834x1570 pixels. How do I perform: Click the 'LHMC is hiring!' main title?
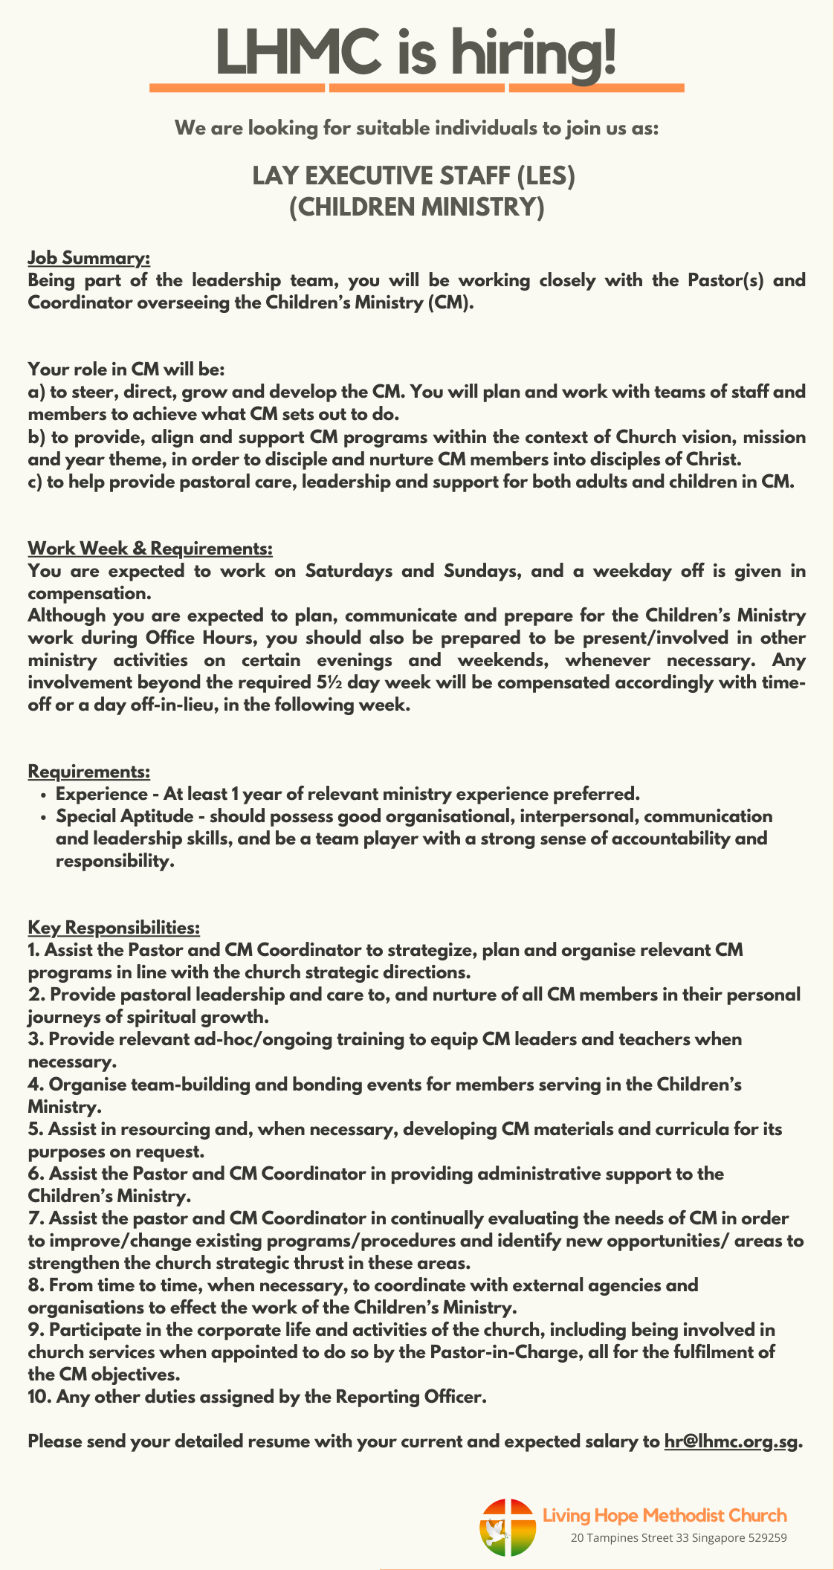pyautogui.click(x=416, y=52)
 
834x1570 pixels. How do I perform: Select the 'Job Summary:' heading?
pyautogui.click(x=89, y=258)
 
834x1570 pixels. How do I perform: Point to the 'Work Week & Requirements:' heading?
pyautogui.click(x=150, y=549)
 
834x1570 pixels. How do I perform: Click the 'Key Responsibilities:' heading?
pyautogui.click(x=114, y=928)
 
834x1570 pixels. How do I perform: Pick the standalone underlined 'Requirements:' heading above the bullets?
pyautogui.click(x=89, y=772)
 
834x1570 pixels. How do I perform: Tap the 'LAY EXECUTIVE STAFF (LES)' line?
pyautogui.click(x=414, y=175)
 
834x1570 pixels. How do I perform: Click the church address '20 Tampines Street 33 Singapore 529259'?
pyautogui.click(x=678, y=1538)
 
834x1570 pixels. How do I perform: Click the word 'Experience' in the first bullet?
pyautogui.click(x=102, y=794)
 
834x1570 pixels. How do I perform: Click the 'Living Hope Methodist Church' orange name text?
pyautogui.click(x=665, y=1515)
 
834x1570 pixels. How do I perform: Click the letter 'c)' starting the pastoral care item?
pyautogui.click(x=36, y=482)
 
